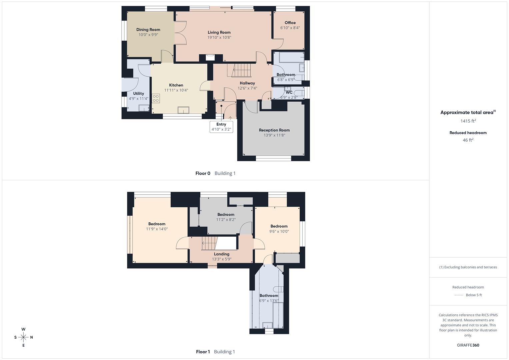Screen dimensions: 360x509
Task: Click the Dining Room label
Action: click(x=148, y=30)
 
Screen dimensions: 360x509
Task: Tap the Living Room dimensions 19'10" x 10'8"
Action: click(x=219, y=38)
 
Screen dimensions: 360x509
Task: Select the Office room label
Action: click(x=290, y=23)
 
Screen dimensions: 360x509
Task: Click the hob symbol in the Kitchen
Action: click(x=156, y=98)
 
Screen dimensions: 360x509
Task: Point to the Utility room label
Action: click(x=138, y=94)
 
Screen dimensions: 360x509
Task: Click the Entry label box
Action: click(x=221, y=127)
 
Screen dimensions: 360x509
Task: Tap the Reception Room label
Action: click(x=274, y=130)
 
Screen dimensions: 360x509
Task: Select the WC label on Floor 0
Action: click(x=289, y=92)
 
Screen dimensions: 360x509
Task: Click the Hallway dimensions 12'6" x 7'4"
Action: click(x=247, y=88)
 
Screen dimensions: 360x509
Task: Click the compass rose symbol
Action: click(x=23, y=337)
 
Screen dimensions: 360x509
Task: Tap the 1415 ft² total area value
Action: click(x=468, y=121)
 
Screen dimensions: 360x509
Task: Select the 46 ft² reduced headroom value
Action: click(x=468, y=140)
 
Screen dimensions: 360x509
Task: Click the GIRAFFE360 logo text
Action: click(x=468, y=345)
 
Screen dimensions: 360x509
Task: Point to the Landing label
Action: click(x=221, y=254)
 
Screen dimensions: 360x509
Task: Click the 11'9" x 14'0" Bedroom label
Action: click(x=157, y=224)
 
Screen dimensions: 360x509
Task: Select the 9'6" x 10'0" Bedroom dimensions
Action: click(x=279, y=231)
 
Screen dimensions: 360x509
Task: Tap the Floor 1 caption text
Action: click(x=203, y=352)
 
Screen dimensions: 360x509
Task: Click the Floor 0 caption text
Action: click(x=203, y=173)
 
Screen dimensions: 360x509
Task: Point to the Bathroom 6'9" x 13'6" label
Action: click(x=269, y=296)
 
